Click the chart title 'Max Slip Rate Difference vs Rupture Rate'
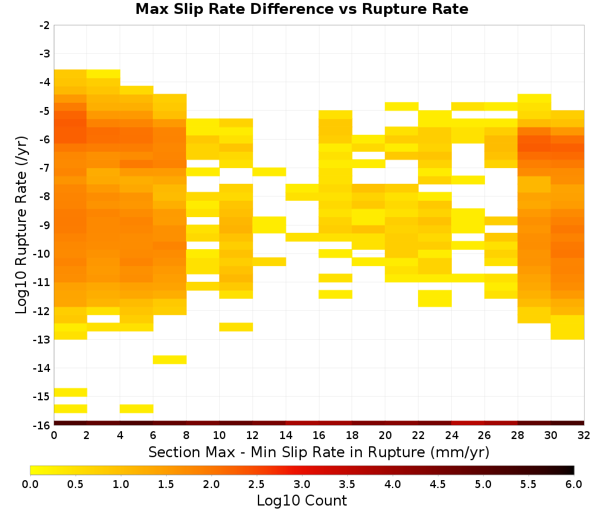(x=301, y=8)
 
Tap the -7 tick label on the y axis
(x=45, y=168)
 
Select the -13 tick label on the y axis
(x=43, y=339)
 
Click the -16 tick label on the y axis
(x=43, y=425)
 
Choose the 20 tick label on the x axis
(x=385, y=435)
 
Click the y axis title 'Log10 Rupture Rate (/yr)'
(x=21, y=225)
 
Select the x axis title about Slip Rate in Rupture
(x=319, y=452)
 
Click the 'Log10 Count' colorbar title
(x=301, y=501)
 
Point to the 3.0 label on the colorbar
(x=302, y=484)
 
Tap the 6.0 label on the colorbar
(x=574, y=484)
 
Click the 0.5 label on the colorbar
(x=75, y=484)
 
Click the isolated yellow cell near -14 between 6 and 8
(x=170, y=360)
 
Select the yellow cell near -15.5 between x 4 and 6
(x=137, y=409)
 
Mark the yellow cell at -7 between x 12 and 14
(x=269, y=172)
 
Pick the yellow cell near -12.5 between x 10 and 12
(x=236, y=327)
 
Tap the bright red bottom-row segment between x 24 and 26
(x=468, y=423)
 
